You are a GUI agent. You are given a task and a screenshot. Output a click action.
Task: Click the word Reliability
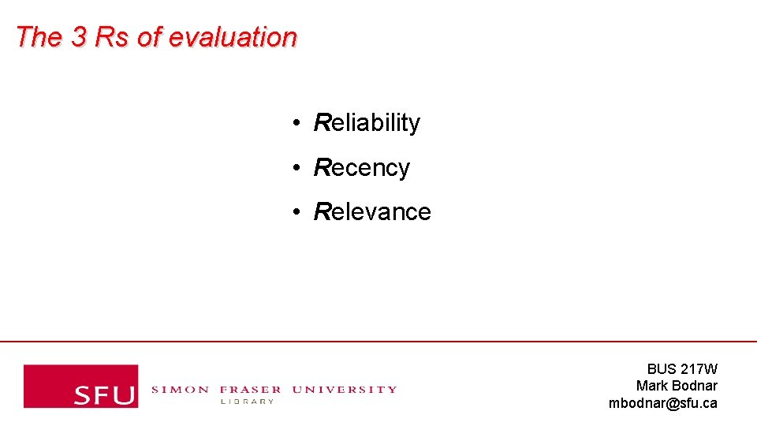[367, 123]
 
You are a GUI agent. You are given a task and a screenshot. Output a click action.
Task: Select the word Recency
[362, 168]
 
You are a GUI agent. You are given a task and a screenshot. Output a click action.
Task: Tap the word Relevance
[372, 212]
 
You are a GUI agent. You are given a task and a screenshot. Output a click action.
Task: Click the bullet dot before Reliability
[293, 123]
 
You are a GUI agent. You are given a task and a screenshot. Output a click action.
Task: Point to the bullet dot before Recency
[293, 168]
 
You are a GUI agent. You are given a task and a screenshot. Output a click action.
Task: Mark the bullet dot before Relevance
[293, 212]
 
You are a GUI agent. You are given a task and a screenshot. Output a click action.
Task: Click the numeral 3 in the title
[78, 37]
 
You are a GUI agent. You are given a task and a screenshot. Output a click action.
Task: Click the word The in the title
[39, 37]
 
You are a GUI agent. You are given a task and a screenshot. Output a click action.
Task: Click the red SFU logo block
[80, 386]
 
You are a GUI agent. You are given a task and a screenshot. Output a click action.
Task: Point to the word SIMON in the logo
[180, 389]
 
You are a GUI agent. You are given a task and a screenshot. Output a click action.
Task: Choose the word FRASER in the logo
[250, 389]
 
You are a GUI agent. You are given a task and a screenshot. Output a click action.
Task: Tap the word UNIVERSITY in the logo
[344, 389]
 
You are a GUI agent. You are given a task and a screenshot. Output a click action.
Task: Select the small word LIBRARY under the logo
[247, 402]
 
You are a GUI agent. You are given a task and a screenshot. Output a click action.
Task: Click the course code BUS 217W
[682, 368]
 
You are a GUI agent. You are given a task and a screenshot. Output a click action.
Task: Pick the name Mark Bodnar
[677, 386]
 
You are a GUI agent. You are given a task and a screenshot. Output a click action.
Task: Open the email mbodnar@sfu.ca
[662, 403]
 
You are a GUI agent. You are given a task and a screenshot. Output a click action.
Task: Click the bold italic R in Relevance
[322, 212]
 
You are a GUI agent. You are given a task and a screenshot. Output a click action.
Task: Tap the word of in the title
[148, 37]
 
